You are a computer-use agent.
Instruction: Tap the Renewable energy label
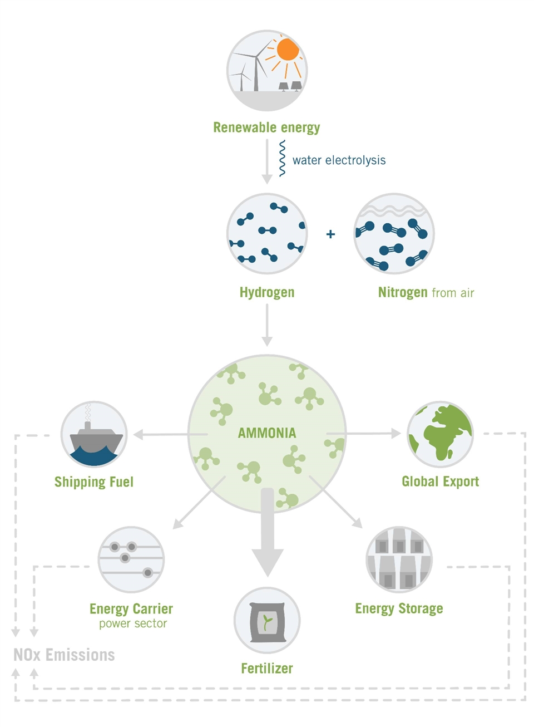[x=266, y=127]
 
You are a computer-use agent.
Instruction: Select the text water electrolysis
[x=339, y=160]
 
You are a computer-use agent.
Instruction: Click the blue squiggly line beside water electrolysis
[x=282, y=159]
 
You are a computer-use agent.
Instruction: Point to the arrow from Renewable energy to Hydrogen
[x=267, y=161]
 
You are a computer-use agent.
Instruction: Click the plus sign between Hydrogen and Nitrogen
[x=330, y=234]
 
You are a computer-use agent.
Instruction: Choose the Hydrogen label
[x=267, y=292]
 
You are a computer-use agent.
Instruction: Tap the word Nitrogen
[x=403, y=292]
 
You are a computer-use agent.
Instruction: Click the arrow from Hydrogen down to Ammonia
[x=267, y=325]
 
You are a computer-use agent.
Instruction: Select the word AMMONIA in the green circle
[x=267, y=433]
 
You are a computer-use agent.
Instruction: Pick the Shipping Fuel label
[x=93, y=482]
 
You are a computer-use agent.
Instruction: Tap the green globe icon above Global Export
[x=440, y=434]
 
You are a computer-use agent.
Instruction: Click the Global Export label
[x=440, y=482]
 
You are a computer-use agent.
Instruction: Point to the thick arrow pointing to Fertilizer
[x=268, y=534]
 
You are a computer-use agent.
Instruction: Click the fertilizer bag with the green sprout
[x=267, y=621]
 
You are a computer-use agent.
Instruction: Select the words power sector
[x=133, y=623]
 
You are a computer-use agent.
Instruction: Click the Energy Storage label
[x=399, y=608]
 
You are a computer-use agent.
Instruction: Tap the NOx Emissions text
[x=64, y=655]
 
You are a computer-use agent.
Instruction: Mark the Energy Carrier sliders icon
[x=131, y=559]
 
